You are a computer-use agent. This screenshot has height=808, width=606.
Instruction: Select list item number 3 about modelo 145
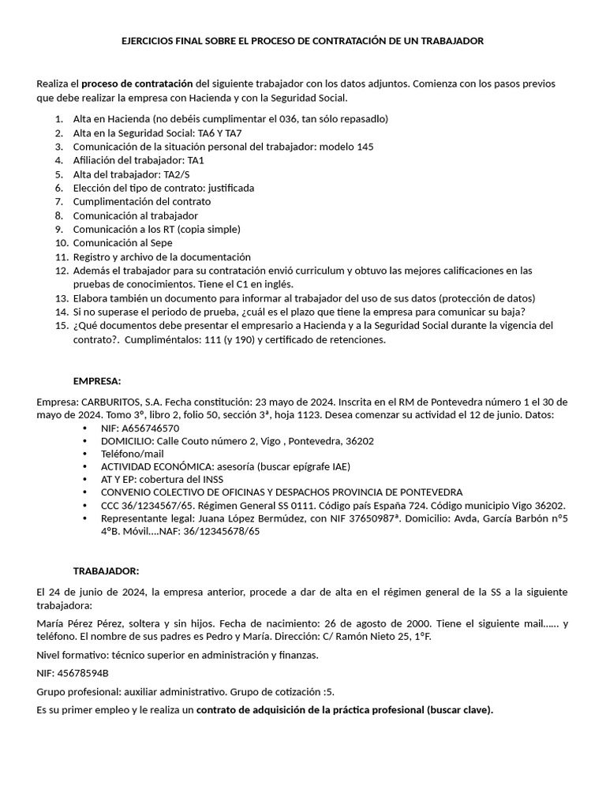tap(223, 147)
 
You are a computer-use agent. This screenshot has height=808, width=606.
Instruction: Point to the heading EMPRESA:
tap(97, 380)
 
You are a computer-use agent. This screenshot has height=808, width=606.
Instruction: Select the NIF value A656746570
tap(150, 428)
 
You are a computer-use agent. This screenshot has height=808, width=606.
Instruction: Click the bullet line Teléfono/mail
tap(133, 455)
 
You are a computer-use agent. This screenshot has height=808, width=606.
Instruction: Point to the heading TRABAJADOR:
tap(107, 570)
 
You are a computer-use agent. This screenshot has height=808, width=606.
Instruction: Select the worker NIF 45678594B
tap(85, 673)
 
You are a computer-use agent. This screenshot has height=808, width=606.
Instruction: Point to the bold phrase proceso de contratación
tap(137, 83)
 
